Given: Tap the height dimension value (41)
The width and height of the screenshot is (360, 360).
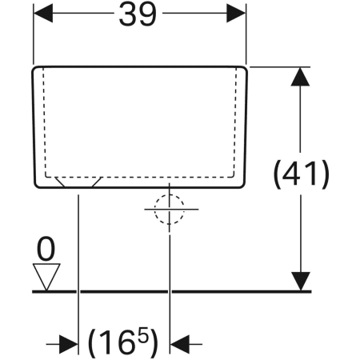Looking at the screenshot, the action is click(302, 174).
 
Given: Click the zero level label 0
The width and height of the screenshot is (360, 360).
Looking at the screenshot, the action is click(46, 249).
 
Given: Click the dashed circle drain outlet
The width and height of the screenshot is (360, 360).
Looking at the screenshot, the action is click(169, 209).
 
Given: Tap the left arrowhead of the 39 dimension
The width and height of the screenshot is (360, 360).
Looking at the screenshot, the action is click(43, 13).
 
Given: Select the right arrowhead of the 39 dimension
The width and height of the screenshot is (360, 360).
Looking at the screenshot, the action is click(236, 13).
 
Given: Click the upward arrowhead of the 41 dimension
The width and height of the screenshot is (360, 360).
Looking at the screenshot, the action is click(301, 77).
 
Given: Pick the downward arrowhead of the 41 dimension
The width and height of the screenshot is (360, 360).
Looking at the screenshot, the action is click(301, 282).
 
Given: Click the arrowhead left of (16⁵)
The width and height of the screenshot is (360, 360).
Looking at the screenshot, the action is click(68, 344).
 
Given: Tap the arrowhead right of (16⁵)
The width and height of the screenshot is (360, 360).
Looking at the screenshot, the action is click(180, 344).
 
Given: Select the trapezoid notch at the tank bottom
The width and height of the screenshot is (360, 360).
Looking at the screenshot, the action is click(78, 182).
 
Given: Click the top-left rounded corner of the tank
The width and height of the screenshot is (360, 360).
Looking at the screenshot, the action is click(36, 70).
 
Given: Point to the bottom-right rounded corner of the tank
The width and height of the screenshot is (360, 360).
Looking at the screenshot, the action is click(242, 185).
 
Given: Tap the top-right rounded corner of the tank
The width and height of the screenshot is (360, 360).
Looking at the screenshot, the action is click(244, 70).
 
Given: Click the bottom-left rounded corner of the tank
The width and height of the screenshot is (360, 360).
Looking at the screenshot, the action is click(37, 185).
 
